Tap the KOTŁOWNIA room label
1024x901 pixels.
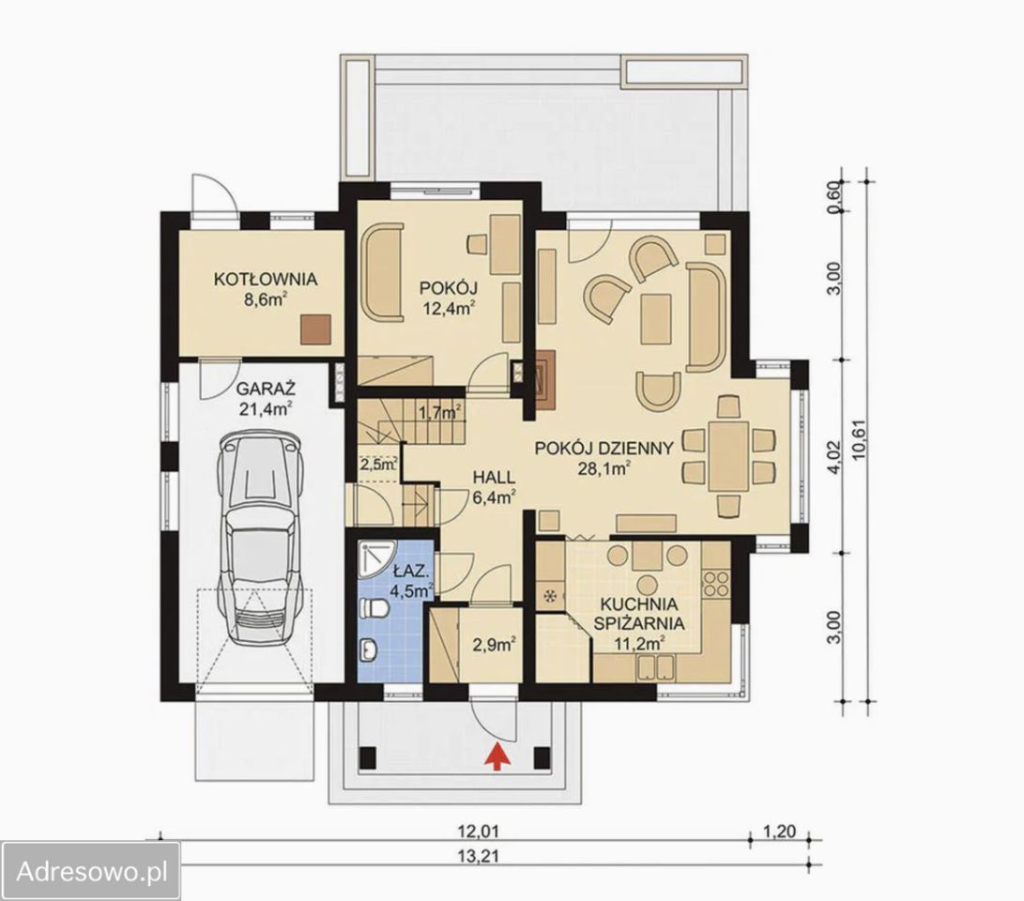(266, 280)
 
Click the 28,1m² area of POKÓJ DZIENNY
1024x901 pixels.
(604, 467)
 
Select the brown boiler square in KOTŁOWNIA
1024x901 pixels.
(316, 329)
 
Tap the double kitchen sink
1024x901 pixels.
(656, 667)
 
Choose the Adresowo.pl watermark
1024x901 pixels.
(91, 871)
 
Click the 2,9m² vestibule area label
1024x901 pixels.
(495, 645)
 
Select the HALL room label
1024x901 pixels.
(494, 477)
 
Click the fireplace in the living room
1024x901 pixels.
(546, 378)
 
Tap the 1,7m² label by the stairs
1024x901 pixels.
(440, 412)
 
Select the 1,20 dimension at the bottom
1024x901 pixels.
(780, 832)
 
